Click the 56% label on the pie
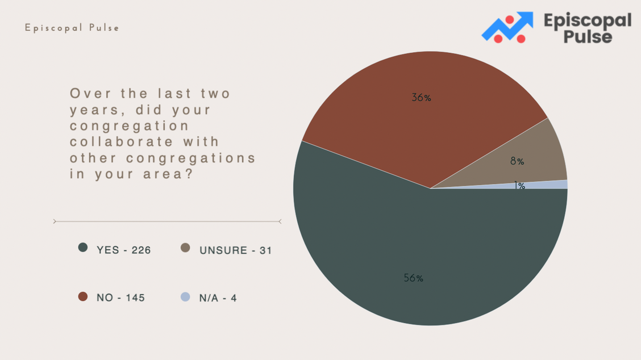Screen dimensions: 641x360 [413, 278]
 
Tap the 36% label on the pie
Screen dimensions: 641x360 [421, 98]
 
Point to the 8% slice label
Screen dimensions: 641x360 [517, 161]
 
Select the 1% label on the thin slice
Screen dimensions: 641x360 [519, 186]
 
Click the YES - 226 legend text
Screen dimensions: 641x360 [123, 250]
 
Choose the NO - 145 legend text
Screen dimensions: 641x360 [120, 298]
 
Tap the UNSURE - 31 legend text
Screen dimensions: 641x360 [235, 250]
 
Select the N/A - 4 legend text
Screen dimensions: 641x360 [218, 298]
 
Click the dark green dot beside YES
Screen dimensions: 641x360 [83, 247]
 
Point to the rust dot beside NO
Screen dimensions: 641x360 [83, 296]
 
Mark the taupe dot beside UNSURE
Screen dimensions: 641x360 [185, 248]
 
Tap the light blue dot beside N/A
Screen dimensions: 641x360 [185, 296]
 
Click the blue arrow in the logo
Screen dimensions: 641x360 [507, 26]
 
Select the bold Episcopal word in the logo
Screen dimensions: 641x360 [588, 20]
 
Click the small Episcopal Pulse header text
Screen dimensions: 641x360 [72, 28]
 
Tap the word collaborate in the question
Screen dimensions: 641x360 [122, 142]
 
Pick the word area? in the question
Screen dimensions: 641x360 [168, 174]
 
